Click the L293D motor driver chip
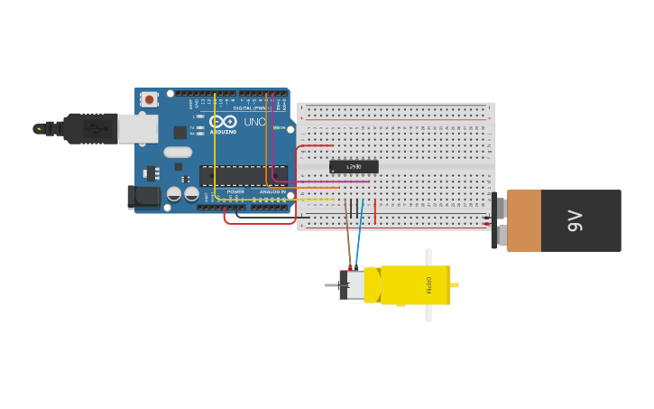click(x=354, y=167)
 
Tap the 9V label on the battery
click(x=575, y=220)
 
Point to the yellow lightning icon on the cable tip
click(x=39, y=129)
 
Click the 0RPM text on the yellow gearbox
click(x=429, y=285)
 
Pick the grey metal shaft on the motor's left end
click(x=331, y=285)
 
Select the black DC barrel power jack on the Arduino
click(x=143, y=197)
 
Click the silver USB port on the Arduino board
click(x=138, y=129)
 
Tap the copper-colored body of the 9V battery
click(x=523, y=220)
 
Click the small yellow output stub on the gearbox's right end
click(x=455, y=285)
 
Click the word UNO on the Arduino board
click(x=254, y=122)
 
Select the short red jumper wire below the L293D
click(x=375, y=211)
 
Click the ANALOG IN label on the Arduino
click(x=272, y=191)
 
